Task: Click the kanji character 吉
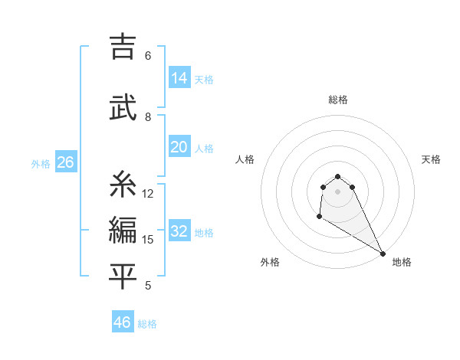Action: [123, 47]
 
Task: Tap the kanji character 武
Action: [123, 107]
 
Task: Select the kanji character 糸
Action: [123, 184]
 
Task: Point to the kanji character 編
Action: [123, 229]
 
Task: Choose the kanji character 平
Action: [123, 276]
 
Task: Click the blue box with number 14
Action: [179, 77]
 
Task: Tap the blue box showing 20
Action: [179, 147]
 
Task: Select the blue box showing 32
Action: [179, 231]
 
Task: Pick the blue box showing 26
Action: [65, 162]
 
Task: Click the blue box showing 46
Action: [123, 322]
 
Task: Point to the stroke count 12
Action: [148, 194]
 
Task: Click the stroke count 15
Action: [148, 240]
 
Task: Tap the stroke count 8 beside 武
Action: [148, 116]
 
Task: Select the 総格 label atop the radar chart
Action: [338, 100]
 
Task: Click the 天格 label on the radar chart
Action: [432, 159]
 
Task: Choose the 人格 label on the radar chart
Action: [245, 159]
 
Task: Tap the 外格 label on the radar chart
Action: [270, 262]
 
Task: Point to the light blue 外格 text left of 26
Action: [41, 163]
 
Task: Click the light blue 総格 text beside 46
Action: [147, 324]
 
